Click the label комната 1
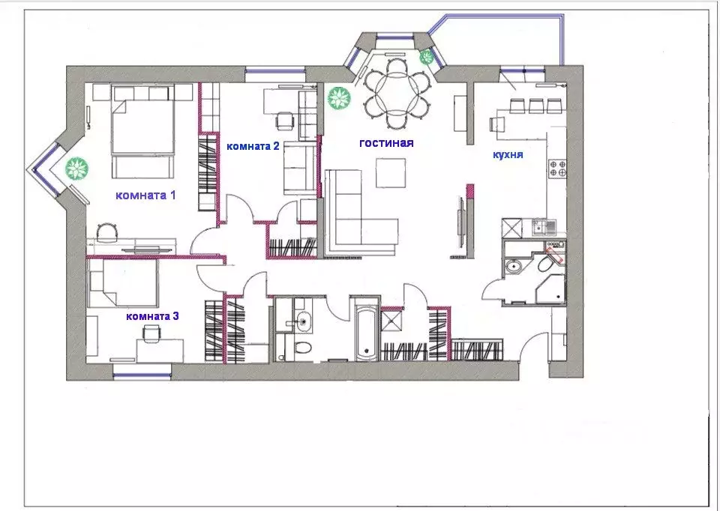coord(145,195)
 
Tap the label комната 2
coord(253,146)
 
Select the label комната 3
coord(152,316)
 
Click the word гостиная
coord(386,143)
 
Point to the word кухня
coord(508,154)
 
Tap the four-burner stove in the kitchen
coord(558,169)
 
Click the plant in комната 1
coord(76,169)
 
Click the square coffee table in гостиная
coord(391,172)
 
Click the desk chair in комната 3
coord(151,332)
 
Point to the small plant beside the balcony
coord(427,57)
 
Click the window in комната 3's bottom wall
coord(142,375)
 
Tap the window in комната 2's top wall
coord(275,71)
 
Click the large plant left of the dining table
coord(339,98)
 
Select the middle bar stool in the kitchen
coord(536,106)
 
